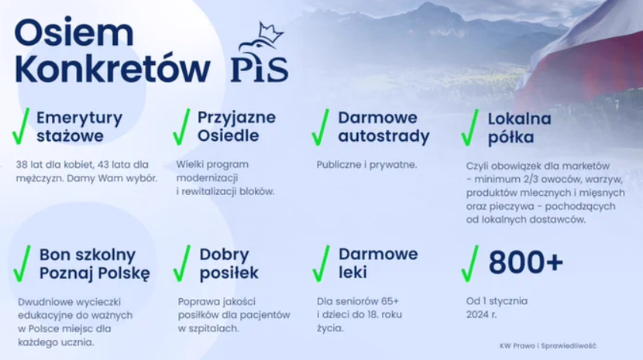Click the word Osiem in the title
tap(74, 33)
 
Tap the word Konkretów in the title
tap(112, 68)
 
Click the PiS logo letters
tap(260, 70)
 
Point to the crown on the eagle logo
tap(270, 33)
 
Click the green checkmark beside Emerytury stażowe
tap(21, 126)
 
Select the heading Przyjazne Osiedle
tap(236, 126)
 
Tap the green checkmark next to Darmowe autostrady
tap(320, 127)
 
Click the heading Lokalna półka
tap(519, 128)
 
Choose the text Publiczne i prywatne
tap(366, 165)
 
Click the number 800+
tap(526, 262)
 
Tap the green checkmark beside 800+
tap(470, 264)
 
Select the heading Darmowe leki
tap(378, 263)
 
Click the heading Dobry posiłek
tap(229, 264)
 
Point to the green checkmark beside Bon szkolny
tap(22, 264)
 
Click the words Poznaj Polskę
tap(95, 273)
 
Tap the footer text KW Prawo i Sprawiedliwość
tap(548, 345)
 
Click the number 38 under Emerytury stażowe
tap(22, 164)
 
